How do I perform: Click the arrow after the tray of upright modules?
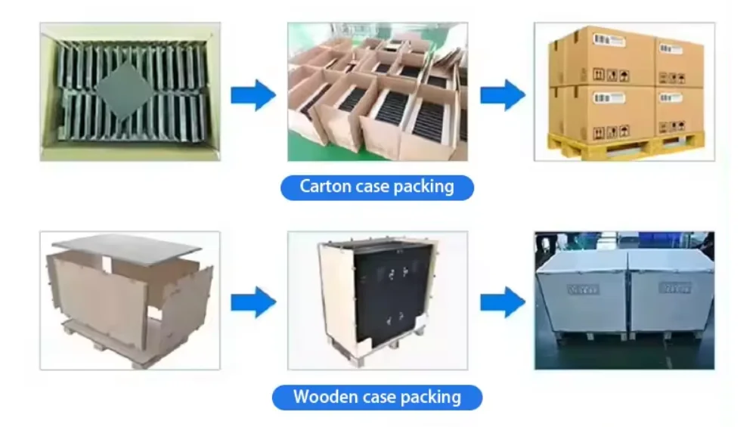[253, 94]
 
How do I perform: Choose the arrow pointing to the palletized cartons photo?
[502, 94]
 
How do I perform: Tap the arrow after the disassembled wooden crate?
[253, 302]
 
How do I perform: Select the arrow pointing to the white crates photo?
[502, 302]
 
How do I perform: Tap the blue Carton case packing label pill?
[376, 187]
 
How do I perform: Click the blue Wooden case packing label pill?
[376, 396]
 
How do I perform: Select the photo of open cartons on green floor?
[377, 91]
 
